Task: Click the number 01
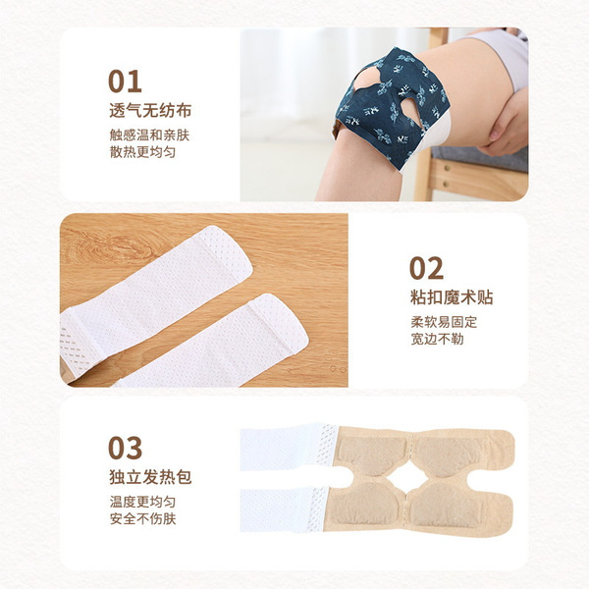(125, 81)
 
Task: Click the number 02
(426, 268)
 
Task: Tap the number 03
(125, 448)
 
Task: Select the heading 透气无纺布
(150, 110)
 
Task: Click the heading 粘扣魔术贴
(452, 297)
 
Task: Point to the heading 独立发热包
(150, 477)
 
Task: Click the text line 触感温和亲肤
(149, 135)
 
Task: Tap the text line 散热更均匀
(142, 152)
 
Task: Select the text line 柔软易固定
(444, 322)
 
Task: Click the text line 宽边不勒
(437, 339)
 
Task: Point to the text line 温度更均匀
(142, 502)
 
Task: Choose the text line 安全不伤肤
(142, 518)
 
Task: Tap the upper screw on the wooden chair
(447, 168)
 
